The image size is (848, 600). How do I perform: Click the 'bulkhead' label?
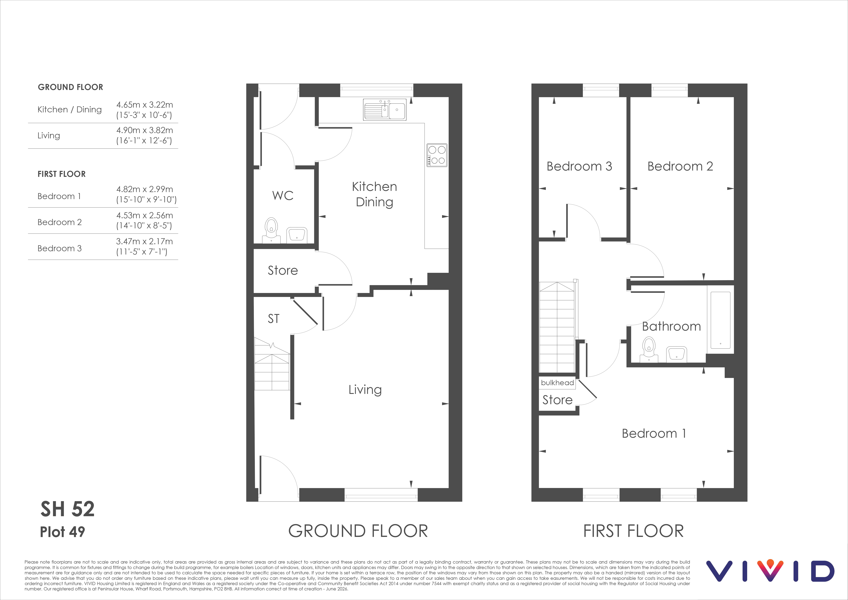[557, 383]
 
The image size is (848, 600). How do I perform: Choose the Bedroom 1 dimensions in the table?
[146, 194]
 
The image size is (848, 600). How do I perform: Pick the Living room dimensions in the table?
[144, 135]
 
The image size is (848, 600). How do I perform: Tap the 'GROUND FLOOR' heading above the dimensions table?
[71, 87]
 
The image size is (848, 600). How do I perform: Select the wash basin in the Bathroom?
[677, 354]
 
